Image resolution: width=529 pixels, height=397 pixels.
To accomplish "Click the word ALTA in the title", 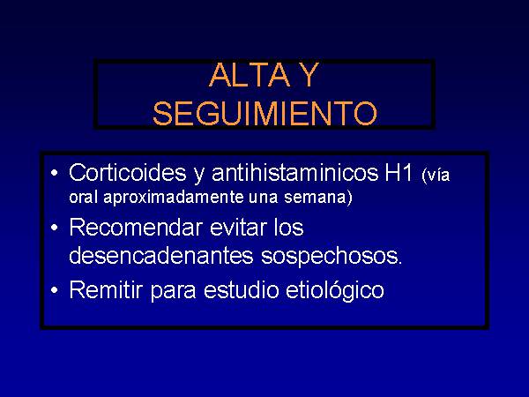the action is (x=250, y=75).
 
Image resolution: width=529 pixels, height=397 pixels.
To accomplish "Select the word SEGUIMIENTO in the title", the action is (x=264, y=114).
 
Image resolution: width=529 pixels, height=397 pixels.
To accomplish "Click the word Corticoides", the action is (x=128, y=173).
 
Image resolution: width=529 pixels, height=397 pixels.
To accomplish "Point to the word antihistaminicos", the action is (x=294, y=173).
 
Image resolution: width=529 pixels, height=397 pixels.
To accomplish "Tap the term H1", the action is (x=399, y=173).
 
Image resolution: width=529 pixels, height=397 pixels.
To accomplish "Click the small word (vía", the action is (x=436, y=176).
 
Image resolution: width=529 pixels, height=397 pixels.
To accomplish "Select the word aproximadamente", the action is (x=174, y=197).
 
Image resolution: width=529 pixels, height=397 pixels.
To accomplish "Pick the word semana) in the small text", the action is (x=318, y=197).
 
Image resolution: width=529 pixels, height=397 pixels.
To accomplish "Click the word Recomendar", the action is (x=136, y=228).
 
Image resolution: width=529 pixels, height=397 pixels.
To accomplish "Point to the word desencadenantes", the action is (x=161, y=256).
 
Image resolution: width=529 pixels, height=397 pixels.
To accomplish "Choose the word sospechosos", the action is (x=332, y=257).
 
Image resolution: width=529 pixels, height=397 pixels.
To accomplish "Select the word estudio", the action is (x=242, y=289).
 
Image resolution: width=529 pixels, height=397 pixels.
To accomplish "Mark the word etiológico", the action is (x=335, y=290).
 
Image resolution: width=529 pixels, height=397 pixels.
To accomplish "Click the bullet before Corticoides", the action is (x=54, y=173).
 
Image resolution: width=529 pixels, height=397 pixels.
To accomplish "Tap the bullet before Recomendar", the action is (x=54, y=228).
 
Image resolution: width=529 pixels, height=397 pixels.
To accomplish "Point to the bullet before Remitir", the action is (x=54, y=290).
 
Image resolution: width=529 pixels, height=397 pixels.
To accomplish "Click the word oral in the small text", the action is (x=84, y=197).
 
